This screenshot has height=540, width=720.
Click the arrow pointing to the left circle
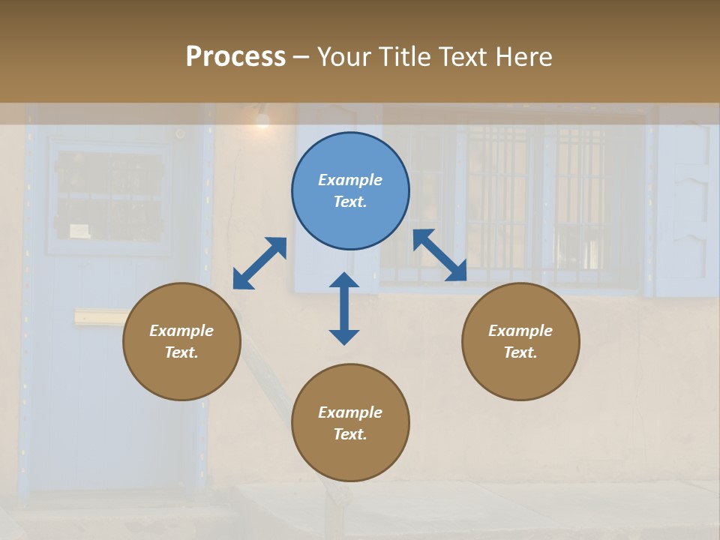[x=259, y=263]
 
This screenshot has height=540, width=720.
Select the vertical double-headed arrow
[x=344, y=308]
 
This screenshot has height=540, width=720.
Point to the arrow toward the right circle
[x=440, y=256]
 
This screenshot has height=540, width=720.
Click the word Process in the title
[x=235, y=56]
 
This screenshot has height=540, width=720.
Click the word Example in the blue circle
[x=350, y=180]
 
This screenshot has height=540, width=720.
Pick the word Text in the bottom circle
[x=350, y=434]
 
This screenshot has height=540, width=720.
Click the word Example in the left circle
[x=181, y=331]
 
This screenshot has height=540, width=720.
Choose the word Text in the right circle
[x=520, y=352]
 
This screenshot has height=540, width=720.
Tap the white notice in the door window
[x=80, y=230]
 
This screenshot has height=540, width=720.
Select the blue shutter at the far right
[x=687, y=202]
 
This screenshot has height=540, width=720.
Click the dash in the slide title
[x=301, y=57]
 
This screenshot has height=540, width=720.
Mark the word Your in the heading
[x=344, y=56]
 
